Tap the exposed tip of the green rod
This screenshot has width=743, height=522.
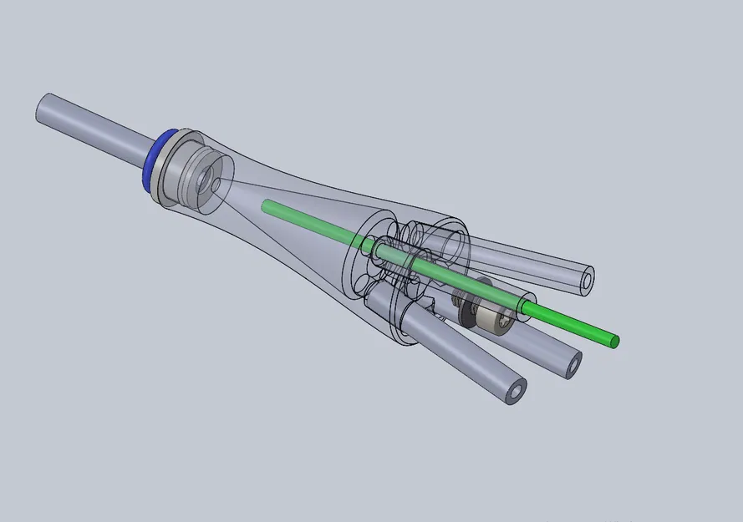click(x=614, y=341)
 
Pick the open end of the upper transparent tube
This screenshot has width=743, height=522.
click(x=588, y=278)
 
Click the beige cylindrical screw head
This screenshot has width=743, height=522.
click(x=493, y=320)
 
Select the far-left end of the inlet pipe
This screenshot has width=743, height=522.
click(x=41, y=109)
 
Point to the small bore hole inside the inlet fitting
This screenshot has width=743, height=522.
click(x=216, y=179)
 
